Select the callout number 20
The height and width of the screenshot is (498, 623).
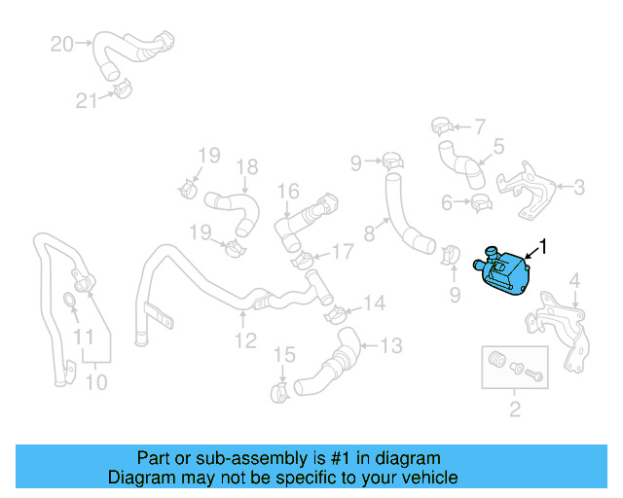coord(61,44)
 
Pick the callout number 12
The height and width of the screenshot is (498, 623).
coord(244,339)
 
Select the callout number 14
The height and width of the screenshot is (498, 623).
coord(374,304)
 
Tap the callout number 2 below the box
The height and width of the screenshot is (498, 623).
coord(514,409)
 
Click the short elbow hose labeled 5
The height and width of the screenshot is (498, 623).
coord(461,162)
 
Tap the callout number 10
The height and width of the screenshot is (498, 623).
coord(95,382)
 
